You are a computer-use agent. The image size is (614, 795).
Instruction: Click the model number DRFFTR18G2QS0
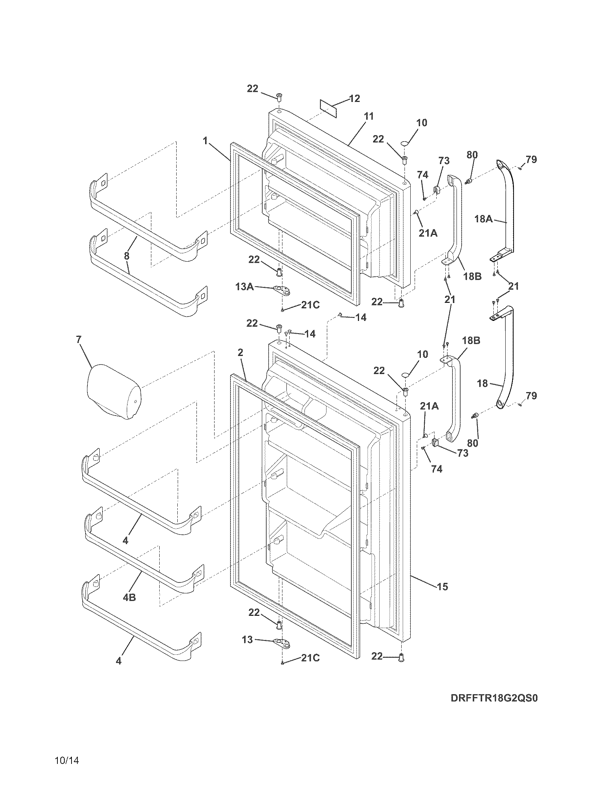tap(494, 708)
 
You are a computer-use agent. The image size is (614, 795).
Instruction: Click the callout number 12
tap(354, 98)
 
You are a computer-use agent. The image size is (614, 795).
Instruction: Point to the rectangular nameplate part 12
tap(328, 108)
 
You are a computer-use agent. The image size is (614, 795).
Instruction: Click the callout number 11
tap(368, 116)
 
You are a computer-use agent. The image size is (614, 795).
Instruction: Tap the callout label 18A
tap(483, 219)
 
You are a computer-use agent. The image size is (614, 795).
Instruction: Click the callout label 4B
tap(129, 597)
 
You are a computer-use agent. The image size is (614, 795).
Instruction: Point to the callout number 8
tap(126, 256)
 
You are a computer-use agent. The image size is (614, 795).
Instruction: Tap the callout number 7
tap(79, 339)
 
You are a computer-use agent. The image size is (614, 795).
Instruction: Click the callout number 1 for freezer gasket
tap(206, 141)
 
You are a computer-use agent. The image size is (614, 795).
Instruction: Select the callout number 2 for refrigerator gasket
tap(240, 352)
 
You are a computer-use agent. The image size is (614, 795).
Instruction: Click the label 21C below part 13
tap(310, 658)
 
